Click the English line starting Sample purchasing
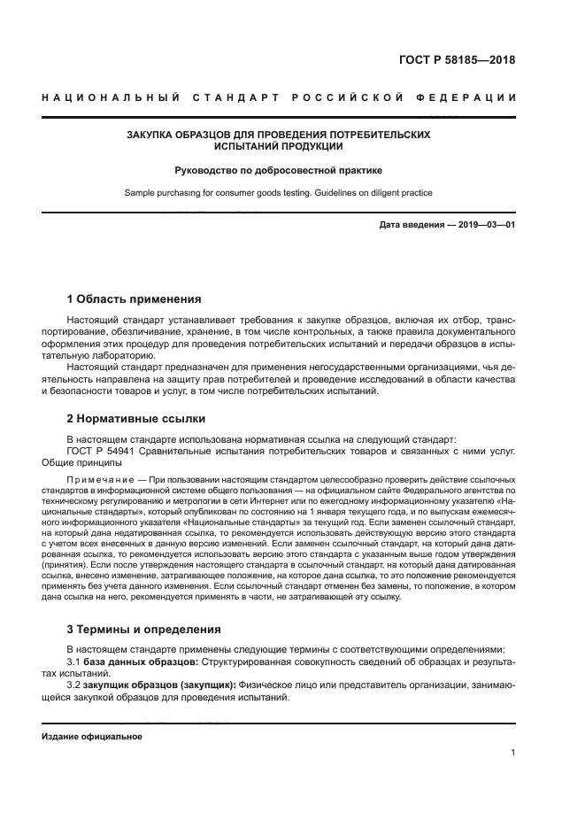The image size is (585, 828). coord(278,191)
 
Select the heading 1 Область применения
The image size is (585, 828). coord(134,298)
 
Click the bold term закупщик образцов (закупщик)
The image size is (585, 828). coord(159,686)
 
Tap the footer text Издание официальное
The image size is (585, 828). coord(91,736)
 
